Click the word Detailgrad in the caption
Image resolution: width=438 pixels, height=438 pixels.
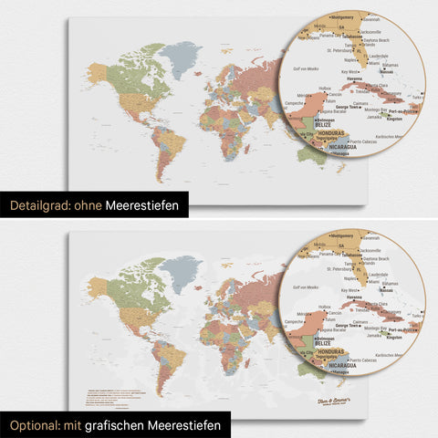(x=41, y=206)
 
